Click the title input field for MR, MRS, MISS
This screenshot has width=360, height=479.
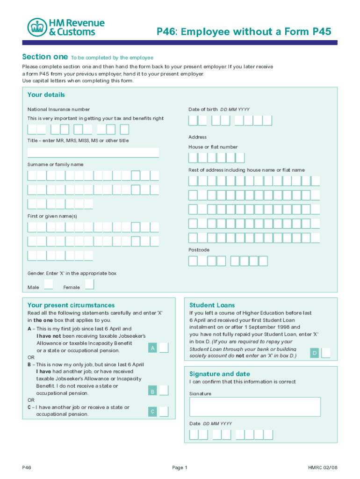coord(93,152)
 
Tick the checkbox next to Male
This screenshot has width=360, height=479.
coord(48,284)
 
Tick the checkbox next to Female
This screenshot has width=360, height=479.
coord(89,284)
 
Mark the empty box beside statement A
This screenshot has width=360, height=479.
coord(164,348)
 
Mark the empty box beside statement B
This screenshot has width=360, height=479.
coord(164,391)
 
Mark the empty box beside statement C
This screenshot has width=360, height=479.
coord(164,412)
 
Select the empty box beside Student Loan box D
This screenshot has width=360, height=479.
coord(326,353)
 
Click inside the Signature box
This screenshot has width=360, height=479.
coord(255,406)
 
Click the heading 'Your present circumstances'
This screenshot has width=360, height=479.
coord(71,305)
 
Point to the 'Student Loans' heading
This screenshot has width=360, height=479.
coord(212,305)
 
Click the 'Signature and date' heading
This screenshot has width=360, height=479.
coord(220,374)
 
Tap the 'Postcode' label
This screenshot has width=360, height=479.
coord(199,250)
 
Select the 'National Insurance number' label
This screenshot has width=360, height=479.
coord(58,109)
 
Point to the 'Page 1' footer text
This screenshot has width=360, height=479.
coord(180,467)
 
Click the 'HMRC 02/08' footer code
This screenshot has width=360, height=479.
coord(323,467)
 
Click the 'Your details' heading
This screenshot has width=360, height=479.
coord(46,95)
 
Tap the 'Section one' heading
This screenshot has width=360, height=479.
coord(45,57)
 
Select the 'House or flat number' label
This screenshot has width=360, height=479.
coord(213,147)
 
